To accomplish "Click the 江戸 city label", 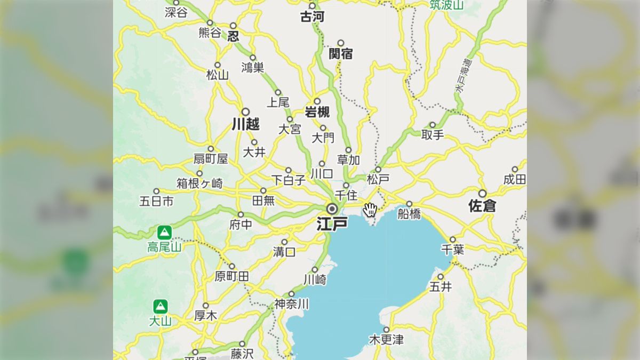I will pyautogui.click(x=332, y=223).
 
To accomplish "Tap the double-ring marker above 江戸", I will pyautogui.click(x=332, y=208).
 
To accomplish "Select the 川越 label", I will pyautogui.click(x=245, y=125).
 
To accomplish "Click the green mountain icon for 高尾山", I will pyautogui.click(x=164, y=233).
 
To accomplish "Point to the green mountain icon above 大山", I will pyautogui.click(x=160, y=307).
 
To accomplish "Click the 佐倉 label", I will pyautogui.click(x=482, y=206).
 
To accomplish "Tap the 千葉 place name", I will pyautogui.click(x=453, y=249).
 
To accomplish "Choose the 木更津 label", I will pyautogui.click(x=386, y=340).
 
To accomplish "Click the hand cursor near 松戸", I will pyautogui.click(x=370, y=209).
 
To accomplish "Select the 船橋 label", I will pyautogui.click(x=409, y=214).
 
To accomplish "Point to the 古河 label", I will pyautogui.click(x=312, y=17).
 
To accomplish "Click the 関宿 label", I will pyautogui.click(x=341, y=53).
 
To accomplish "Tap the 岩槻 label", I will pyautogui.click(x=317, y=112).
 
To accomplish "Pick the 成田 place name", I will pyautogui.click(x=515, y=179).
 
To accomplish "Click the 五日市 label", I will pyautogui.click(x=156, y=201).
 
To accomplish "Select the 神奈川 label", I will pyautogui.click(x=291, y=304).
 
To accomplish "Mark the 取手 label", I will pyautogui.click(x=433, y=135).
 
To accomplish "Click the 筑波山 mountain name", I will pyautogui.click(x=447, y=5).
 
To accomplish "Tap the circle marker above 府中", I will pyautogui.click(x=241, y=214).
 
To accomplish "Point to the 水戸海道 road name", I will pyautogui.click(x=462, y=75).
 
